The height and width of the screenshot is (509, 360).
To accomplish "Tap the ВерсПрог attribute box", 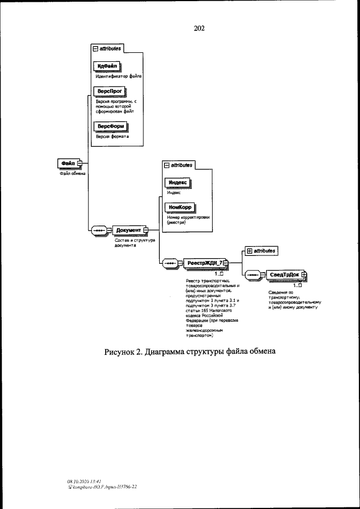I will coord(109,92).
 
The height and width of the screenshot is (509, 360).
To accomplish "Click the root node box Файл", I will coord(68,164).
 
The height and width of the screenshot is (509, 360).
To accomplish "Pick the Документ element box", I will coord(128,230).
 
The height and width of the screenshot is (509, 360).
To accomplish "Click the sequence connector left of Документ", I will coord(99,230).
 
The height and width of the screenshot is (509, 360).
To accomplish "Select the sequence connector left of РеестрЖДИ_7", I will coord(170,263).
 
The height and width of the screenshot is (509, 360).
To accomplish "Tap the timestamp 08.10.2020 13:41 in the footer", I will coord(84,481).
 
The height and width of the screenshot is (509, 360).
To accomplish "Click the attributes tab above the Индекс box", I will coord(178,165).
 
